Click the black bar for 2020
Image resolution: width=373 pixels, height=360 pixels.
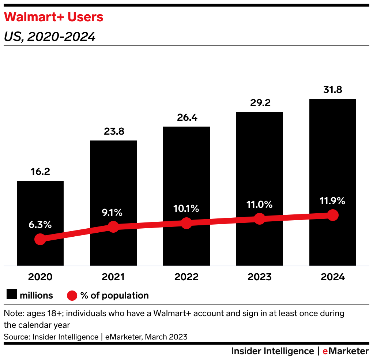click(x=40, y=205)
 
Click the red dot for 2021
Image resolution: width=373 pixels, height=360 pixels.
click(x=113, y=227)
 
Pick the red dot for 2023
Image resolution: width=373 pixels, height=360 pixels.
click(x=260, y=219)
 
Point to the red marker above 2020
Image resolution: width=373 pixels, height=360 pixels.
click(x=40, y=240)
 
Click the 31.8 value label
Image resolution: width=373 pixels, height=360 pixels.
click(x=333, y=90)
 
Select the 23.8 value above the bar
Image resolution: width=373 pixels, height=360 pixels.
click(x=113, y=131)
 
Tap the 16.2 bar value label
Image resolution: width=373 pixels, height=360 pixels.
click(x=40, y=172)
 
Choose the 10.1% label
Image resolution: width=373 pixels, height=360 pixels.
click(x=186, y=209)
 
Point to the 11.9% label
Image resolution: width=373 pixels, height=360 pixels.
click(x=333, y=201)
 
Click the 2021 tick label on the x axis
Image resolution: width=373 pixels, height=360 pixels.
click(x=113, y=277)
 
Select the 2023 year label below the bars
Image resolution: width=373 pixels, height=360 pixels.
click(x=260, y=277)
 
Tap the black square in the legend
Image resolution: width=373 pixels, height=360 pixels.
click(x=11, y=295)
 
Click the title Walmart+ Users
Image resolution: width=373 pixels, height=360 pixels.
click(x=53, y=17)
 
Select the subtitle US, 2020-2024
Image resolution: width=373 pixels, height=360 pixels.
click(x=50, y=37)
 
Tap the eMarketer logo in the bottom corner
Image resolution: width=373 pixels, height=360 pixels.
click(x=346, y=351)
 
